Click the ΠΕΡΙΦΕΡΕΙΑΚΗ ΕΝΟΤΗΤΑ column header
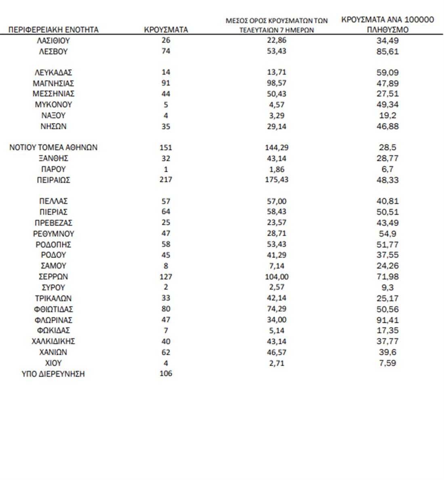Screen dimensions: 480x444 [x=53, y=30]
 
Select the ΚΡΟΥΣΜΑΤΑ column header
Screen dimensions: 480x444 [x=166, y=30]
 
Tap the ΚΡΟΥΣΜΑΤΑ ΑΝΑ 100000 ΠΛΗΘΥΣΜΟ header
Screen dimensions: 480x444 [x=387, y=25]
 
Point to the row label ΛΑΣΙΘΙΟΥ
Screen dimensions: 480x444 [x=53, y=41]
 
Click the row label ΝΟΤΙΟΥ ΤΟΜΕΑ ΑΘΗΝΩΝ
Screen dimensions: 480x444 [x=53, y=147]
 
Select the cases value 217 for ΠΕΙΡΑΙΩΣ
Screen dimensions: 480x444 [x=166, y=179]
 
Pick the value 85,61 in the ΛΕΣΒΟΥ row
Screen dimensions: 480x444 [x=387, y=52]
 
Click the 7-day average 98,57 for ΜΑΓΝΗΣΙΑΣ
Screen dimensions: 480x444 [x=277, y=83]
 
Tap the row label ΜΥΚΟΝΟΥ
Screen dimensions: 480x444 [x=53, y=105]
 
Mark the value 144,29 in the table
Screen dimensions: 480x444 [x=277, y=147]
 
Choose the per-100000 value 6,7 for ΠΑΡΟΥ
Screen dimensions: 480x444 [x=387, y=169]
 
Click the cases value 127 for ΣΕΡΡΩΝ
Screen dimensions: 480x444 [x=166, y=277]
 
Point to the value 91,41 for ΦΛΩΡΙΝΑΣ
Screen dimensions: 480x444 [x=387, y=320]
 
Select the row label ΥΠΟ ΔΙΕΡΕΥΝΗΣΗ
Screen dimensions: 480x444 [x=53, y=374]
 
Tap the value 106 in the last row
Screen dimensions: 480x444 [x=166, y=373]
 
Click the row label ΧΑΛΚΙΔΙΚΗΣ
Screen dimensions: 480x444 [x=53, y=341]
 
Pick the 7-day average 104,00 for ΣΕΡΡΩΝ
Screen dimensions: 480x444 [x=277, y=277]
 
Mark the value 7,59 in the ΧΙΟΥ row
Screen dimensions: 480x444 [x=387, y=363]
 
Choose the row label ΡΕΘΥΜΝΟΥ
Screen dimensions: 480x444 [x=53, y=234]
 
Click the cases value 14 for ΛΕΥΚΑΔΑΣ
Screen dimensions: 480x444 [x=166, y=72]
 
